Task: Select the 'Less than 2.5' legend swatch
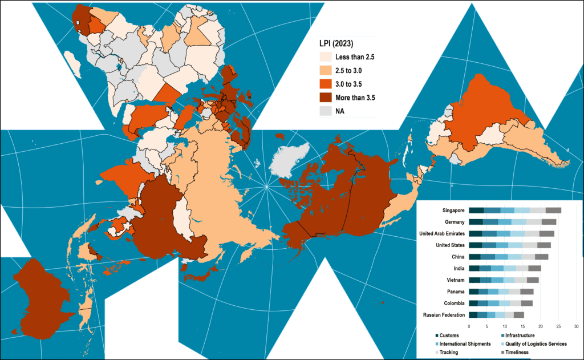(x=325, y=58)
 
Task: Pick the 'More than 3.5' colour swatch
(x=325, y=98)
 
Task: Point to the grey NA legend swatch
(x=325, y=111)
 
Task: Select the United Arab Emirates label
(x=441, y=233)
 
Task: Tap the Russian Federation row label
(x=444, y=315)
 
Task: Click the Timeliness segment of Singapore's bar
(x=553, y=211)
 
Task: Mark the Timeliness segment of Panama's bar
(x=526, y=292)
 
